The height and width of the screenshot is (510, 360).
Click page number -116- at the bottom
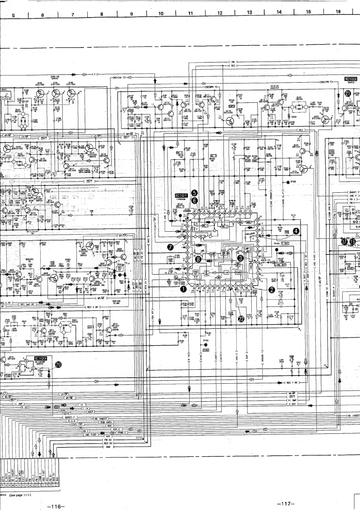coord(56,507)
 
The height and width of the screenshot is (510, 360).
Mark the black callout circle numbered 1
coord(184,289)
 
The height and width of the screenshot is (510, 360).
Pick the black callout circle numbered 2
coord(271,289)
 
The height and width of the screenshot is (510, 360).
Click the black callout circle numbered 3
coord(241,258)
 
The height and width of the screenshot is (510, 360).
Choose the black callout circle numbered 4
coord(296,232)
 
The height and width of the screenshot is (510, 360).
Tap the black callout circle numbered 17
coord(345,242)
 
